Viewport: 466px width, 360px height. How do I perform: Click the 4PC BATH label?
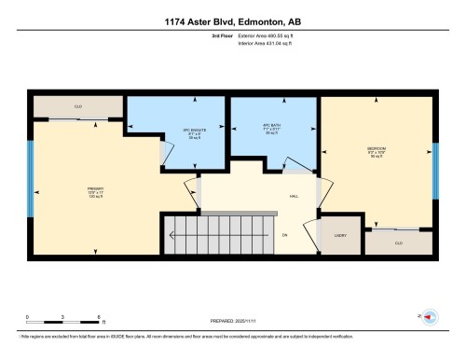(271, 128)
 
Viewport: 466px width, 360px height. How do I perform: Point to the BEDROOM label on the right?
(377, 151)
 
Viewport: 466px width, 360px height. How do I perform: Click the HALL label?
(294, 197)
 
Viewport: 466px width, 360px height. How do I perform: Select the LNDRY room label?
(340, 235)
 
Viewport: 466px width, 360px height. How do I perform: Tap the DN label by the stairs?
(285, 234)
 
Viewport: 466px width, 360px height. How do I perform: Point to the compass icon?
(431, 316)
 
